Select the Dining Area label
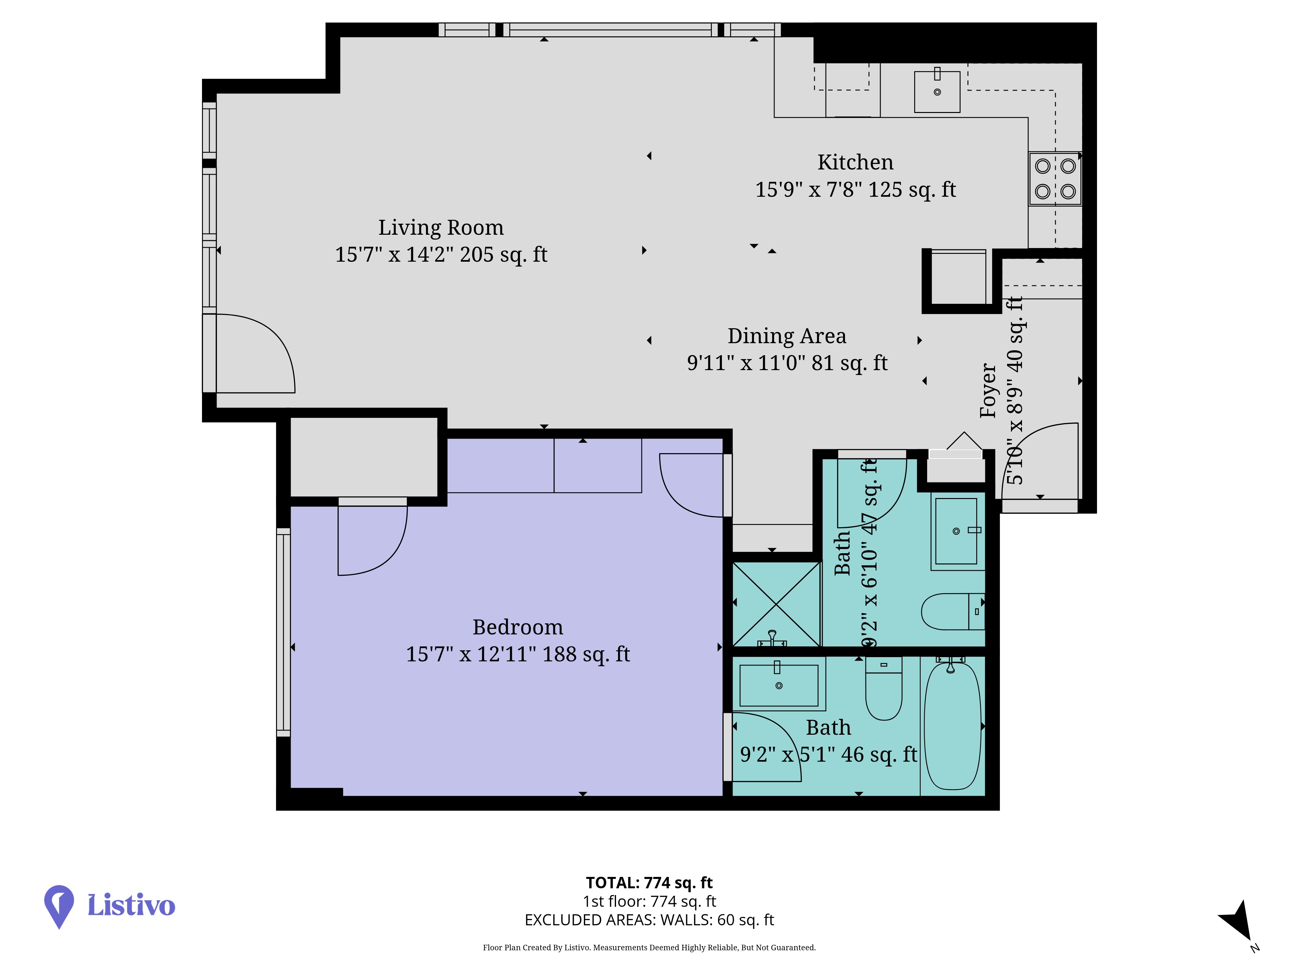[787, 336]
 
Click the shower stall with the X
[776, 604]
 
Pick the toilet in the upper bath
[952, 611]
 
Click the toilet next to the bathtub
[884, 688]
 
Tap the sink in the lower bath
[779, 684]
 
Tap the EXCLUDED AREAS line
[649, 920]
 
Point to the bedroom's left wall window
[284, 632]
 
